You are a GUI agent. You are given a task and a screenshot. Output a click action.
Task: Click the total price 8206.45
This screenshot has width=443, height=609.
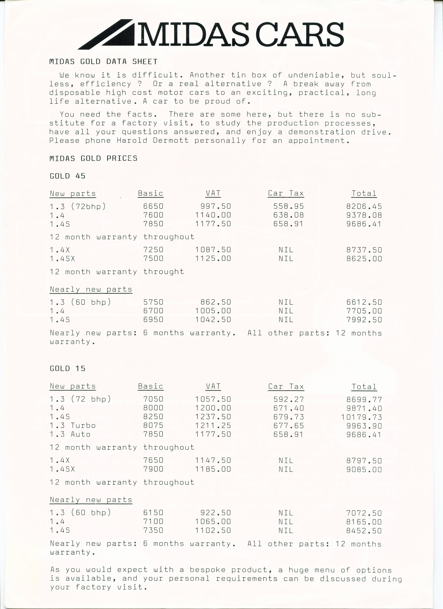(x=364, y=206)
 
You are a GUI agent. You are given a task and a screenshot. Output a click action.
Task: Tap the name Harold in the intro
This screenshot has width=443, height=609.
(x=132, y=140)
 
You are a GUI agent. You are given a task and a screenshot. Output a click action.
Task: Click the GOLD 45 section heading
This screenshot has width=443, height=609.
(x=67, y=176)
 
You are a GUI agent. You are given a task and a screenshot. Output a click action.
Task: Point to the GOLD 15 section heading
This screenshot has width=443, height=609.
(x=67, y=368)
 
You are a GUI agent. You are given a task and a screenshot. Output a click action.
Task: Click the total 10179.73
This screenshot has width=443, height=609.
(x=361, y=417)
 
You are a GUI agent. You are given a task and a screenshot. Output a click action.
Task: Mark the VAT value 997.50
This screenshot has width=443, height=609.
(x=215, y=206)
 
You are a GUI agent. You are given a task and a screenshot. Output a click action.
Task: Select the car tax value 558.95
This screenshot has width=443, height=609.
(x=288, y=206)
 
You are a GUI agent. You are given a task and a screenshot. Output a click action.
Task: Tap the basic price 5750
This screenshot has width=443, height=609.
(x=153, y=302)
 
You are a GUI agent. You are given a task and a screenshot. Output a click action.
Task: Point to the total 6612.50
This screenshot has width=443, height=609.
(x=364, y=302)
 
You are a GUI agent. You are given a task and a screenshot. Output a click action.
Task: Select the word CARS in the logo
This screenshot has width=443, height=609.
(x=300, y=34)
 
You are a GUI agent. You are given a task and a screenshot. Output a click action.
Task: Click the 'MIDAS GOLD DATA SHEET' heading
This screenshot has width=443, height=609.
(x=103, y=62)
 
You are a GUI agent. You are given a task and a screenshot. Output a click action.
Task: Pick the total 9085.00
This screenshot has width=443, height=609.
(x=364, y=469)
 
